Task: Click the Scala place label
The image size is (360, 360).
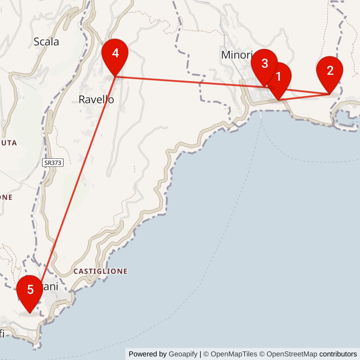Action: [46, 42]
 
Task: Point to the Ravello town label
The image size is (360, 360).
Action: [96, 100]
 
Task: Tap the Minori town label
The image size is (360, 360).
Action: [236, 55]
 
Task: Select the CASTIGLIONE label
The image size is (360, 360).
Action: [100, 271]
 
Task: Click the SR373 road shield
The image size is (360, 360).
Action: [53, 163]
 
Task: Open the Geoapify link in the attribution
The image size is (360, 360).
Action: [183, 354]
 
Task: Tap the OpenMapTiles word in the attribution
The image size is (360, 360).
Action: [234, 354]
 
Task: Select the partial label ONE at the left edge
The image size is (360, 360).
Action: [6, 197]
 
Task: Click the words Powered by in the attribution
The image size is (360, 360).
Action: [148, 354]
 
